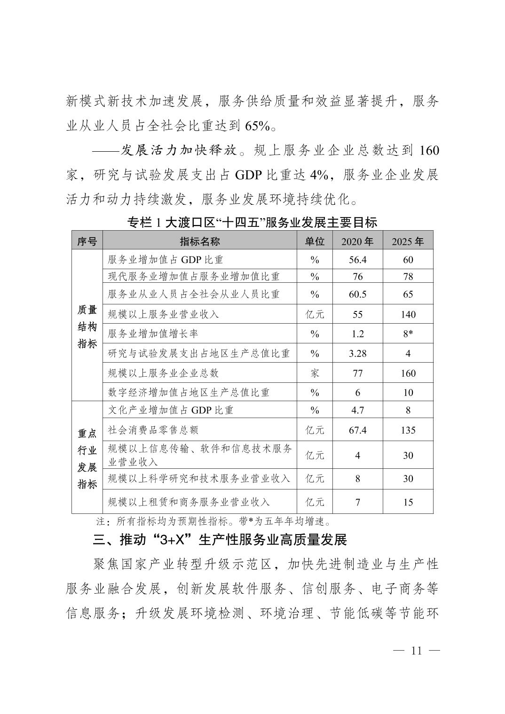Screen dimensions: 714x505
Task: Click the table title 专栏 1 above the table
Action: (x=252, y=222)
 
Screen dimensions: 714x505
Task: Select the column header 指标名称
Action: (x=200, y=241)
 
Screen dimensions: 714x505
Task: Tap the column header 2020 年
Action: (x=357, y=241)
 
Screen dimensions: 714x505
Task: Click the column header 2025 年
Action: (x=408, y=241)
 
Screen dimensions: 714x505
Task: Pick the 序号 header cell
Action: (x=87, y=241)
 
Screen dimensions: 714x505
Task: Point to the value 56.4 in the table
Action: (x=357, y=260)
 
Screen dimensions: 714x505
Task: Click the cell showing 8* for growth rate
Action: (x=408, y=334)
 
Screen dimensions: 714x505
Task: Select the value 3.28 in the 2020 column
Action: (x=357, y=353)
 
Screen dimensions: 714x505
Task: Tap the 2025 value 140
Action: (x=408, y=314)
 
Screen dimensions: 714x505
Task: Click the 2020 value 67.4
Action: (x=357, y=430)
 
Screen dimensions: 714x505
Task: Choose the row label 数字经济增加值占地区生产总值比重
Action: (x=189, y=392)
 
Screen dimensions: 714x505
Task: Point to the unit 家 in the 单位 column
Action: (x=315, y=373)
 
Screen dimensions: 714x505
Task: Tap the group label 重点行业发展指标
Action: (x=87, y=458)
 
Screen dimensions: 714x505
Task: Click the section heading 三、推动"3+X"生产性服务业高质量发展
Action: (x=220, y=540)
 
